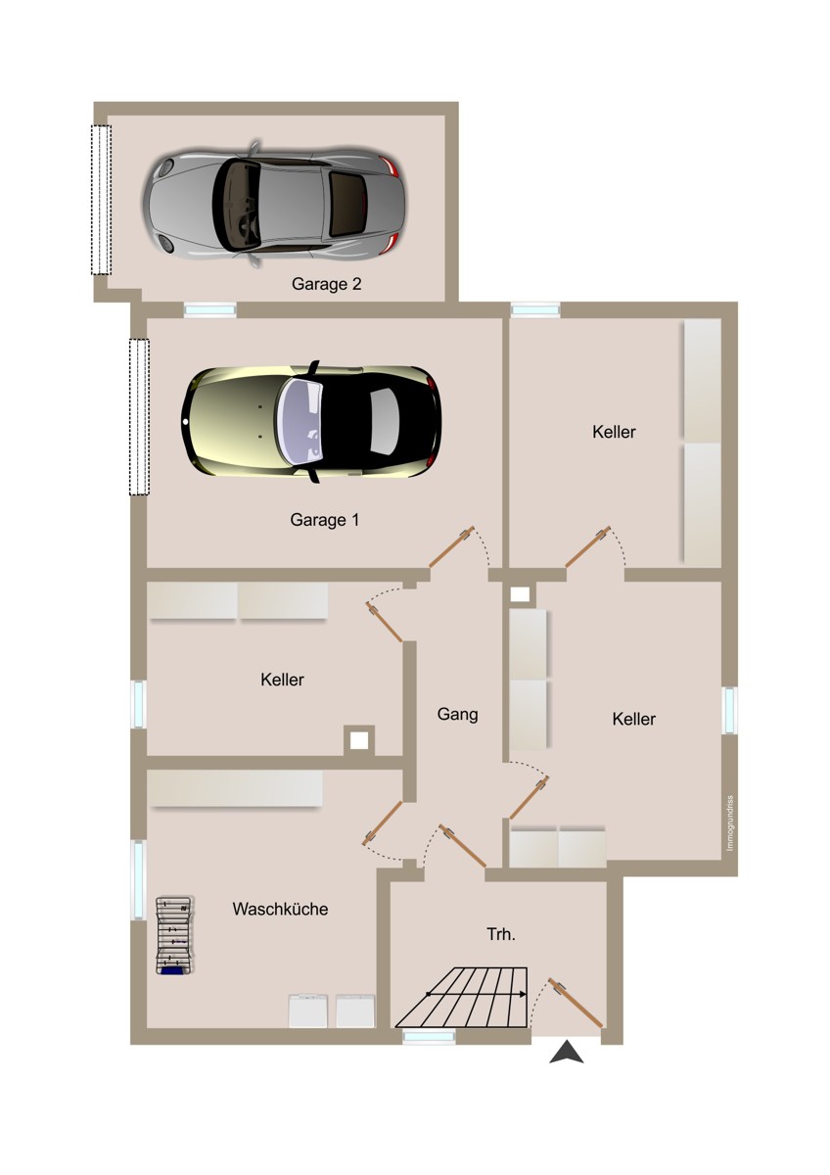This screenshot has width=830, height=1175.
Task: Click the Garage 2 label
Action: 326,284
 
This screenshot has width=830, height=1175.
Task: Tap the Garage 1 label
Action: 325,520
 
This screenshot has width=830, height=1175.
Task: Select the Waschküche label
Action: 281,909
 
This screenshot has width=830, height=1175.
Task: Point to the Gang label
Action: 458,715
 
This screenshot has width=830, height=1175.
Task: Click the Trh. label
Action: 501,934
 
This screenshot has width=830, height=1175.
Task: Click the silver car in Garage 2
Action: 274,205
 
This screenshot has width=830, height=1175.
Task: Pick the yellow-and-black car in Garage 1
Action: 311,422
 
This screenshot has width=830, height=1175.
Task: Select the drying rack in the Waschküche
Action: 175,935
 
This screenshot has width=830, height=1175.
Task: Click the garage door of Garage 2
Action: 101,200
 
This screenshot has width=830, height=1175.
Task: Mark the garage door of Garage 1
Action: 139,417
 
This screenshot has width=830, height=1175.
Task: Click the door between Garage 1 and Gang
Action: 451,547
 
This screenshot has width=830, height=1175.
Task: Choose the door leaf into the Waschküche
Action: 383,823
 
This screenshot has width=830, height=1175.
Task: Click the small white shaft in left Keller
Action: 359,740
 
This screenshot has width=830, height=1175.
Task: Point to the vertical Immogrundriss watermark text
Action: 730,823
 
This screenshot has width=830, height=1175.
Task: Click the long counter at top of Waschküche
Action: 234,788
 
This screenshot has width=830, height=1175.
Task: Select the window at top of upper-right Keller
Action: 535,310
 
